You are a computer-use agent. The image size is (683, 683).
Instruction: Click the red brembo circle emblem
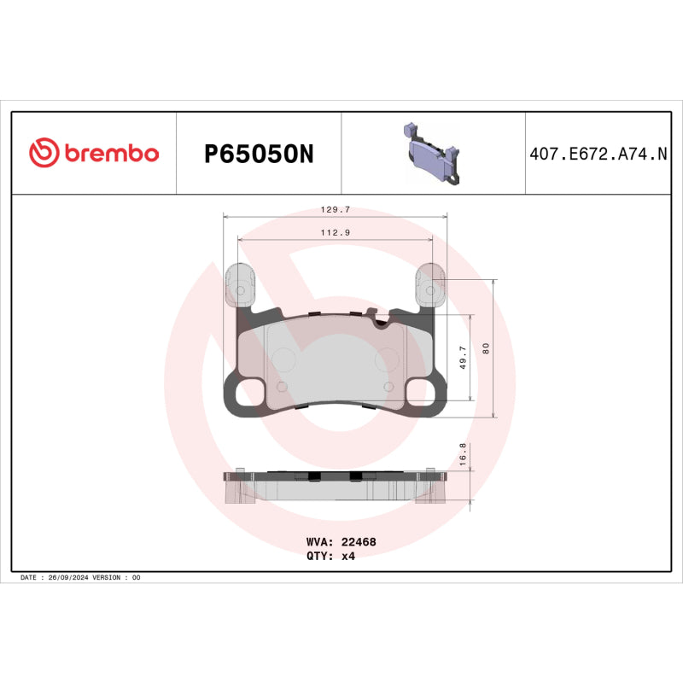[x=44, y=153]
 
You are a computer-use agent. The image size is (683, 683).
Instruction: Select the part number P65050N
[x=259, y=154]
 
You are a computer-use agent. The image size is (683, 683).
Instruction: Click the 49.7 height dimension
[x=463, y=357]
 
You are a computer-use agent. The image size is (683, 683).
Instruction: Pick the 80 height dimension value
[x=485, y=348]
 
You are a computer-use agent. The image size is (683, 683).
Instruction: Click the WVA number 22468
[x=359, y=541]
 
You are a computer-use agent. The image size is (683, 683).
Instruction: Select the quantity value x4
[x=347, y=556]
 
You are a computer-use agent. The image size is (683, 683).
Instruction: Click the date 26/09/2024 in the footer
[x=69, y=578]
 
